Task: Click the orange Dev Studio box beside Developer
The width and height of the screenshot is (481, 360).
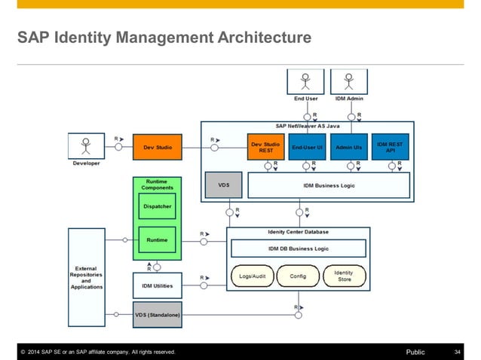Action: [x=158, y=148]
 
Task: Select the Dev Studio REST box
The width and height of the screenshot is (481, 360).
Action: [x=265, y=148]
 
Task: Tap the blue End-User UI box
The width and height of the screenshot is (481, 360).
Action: [x=307, y=148]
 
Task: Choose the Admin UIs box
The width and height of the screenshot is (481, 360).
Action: [x=348, y=148]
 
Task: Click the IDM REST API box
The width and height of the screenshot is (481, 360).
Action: [x=391, y=148]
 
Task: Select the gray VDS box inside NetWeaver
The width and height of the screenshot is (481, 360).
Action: [x=223, y=185]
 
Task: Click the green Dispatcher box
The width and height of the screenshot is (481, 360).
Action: [x=158, y=206]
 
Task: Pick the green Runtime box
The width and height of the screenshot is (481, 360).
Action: [x=158, y=239]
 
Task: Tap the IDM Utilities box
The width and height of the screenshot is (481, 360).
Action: [x=158, y=285]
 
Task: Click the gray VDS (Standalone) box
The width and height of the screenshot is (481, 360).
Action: [x=158, y=314]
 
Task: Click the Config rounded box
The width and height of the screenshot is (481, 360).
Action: [x=299, y=276]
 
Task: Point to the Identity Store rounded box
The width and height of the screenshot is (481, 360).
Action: [x=343, y=276]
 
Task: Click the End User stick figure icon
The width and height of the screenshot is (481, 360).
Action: [x=306, y=81]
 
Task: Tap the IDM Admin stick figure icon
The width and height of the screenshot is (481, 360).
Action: [x=348, y=81]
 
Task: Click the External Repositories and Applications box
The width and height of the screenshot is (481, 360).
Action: [x=87, y=277]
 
